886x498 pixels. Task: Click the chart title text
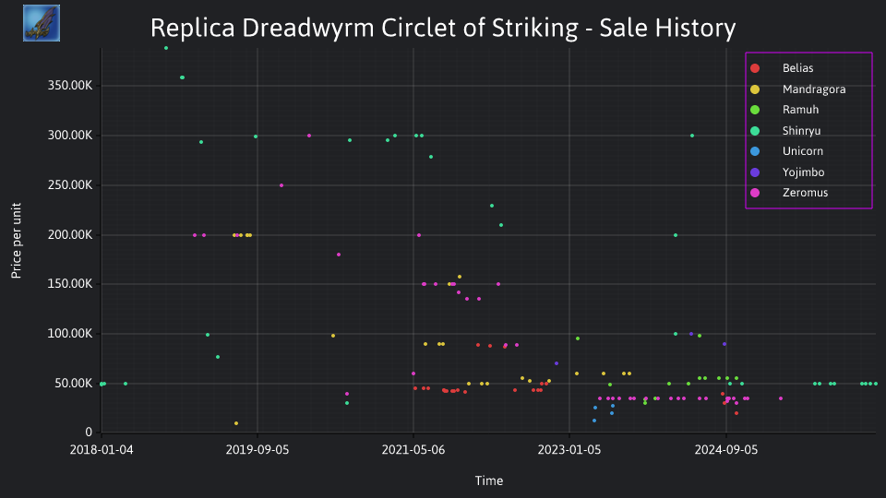point(443,29)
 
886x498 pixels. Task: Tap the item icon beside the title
point(42,23)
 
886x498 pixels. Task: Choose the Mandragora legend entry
point(797,89)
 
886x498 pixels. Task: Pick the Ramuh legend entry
point(784,110)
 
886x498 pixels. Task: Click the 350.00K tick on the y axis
point(70,86)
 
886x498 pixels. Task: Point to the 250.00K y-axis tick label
point(70,185)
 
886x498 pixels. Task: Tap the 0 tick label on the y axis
point(89,433)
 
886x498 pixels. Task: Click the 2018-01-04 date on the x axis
point(102,450)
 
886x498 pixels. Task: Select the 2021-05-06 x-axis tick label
point(413,450)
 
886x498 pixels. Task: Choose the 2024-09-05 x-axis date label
point(726,450)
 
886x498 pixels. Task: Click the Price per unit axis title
point(17,241)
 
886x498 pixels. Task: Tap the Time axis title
point(489,481)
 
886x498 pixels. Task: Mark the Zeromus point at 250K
point(281,185)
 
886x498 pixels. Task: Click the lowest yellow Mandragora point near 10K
point(236,423)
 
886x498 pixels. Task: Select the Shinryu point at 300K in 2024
point(692,136)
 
